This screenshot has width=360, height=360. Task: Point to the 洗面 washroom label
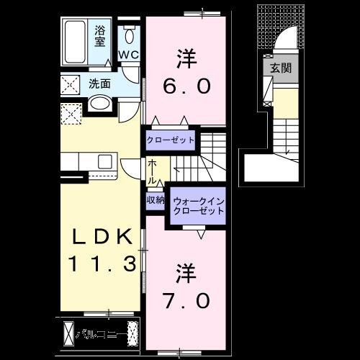pos(99,84)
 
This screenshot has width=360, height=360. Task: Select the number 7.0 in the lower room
pos(183,297)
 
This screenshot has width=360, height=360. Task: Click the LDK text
pos(101,236)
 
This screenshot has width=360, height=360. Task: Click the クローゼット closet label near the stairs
pos(171,140)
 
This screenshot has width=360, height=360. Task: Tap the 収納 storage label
pos(155,199)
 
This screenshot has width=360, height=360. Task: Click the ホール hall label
pos(153,171)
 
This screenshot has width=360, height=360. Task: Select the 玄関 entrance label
pos(280,69)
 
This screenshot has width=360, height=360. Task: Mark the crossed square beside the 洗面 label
pos(71,84)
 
